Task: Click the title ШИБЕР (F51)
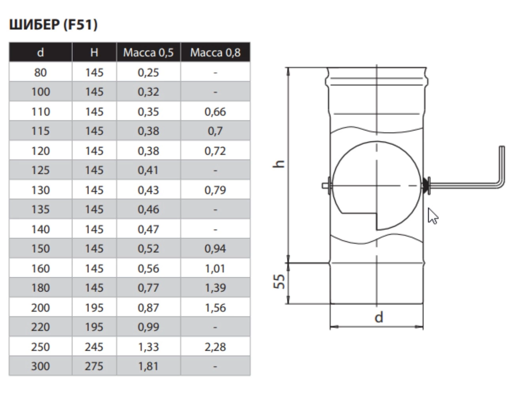point(53,24)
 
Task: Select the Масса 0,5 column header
point(148,52)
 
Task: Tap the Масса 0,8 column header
point(215,52)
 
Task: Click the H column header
point(94,52)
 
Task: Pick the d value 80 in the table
point(40,72)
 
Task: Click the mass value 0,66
point(215,111)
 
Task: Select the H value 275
point(94,366)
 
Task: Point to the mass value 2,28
point(215,346)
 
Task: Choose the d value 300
point(40,366)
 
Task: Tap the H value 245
point(94,346)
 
